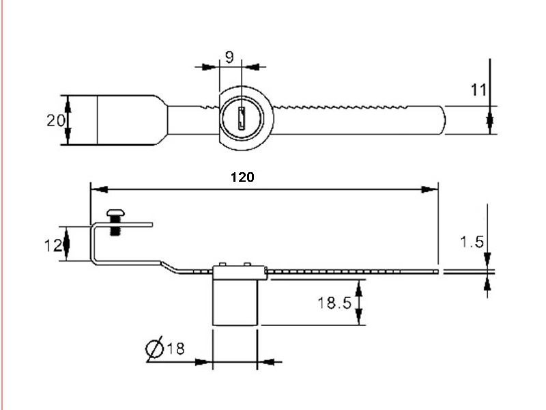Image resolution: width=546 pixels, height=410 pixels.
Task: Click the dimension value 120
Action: [x=242, y=177]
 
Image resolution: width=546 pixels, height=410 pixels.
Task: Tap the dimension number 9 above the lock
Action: [x=229, y=57]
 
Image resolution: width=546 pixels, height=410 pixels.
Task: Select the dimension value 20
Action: [x=56, y=121]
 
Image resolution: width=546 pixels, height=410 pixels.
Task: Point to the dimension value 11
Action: [x=478, y=90]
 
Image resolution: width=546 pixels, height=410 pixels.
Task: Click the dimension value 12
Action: [x=53, y=246]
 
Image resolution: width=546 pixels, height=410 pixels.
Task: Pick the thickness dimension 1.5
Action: [x=472, y=242]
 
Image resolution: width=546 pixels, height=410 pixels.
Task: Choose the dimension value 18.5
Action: [x=334, y=303]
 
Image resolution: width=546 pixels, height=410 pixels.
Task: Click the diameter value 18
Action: [x=176, y=348]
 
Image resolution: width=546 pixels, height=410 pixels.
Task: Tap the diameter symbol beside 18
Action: [x=154, y=348]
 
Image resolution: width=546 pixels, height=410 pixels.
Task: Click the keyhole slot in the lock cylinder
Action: [x=242, y=118]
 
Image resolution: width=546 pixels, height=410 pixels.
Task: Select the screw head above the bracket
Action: [x=115, y=213]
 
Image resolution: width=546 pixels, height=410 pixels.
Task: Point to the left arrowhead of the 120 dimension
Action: [x=99, y=190]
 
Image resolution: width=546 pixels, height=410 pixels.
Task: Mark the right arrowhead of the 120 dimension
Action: [x=429, y=190]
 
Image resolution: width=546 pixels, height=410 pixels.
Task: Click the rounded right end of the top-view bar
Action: [x=443, y=120]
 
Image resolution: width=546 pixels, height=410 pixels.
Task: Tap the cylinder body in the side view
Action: [x=235, y=302]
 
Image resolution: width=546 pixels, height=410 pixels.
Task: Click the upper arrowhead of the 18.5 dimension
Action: [x=359, y=288]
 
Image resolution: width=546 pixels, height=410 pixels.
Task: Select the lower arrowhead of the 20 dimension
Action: [x=68, y=136]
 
